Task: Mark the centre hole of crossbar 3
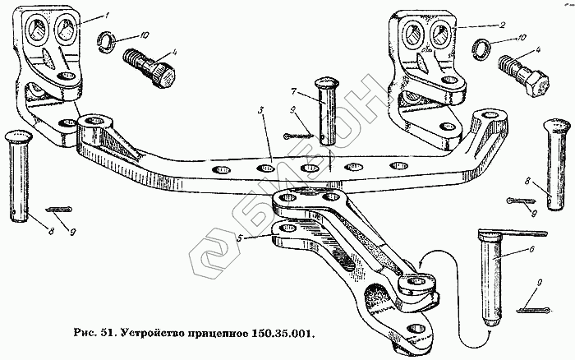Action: point(309,169)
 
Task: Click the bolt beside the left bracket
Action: point(149,67)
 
